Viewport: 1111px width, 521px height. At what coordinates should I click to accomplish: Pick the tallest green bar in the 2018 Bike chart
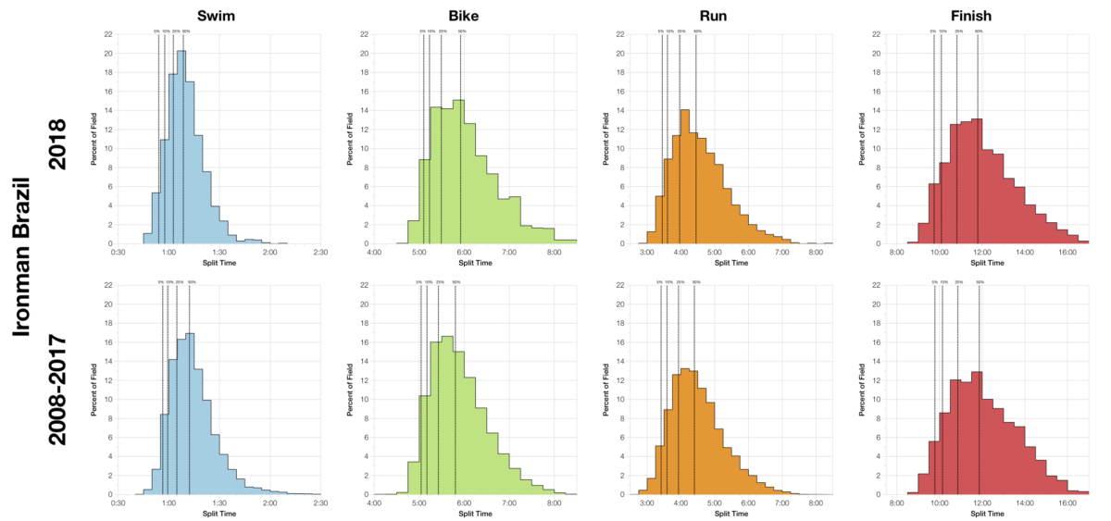pyautogui.click(x=458, y=172)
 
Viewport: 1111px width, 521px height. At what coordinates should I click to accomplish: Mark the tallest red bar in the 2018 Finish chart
pyautogui.click(x=976, y=181)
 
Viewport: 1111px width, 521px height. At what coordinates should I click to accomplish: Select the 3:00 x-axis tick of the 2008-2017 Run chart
pyautogui.click(x=647, y=503)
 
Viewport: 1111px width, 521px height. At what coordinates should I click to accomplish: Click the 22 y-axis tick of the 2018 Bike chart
pyautogui.click(x=364, y=34)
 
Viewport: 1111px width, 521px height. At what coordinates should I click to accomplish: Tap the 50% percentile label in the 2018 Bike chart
pyautogui.click(x=461, y=31)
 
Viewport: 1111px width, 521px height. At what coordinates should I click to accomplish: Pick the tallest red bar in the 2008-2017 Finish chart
pyautogui.click(x=976, y=433)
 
